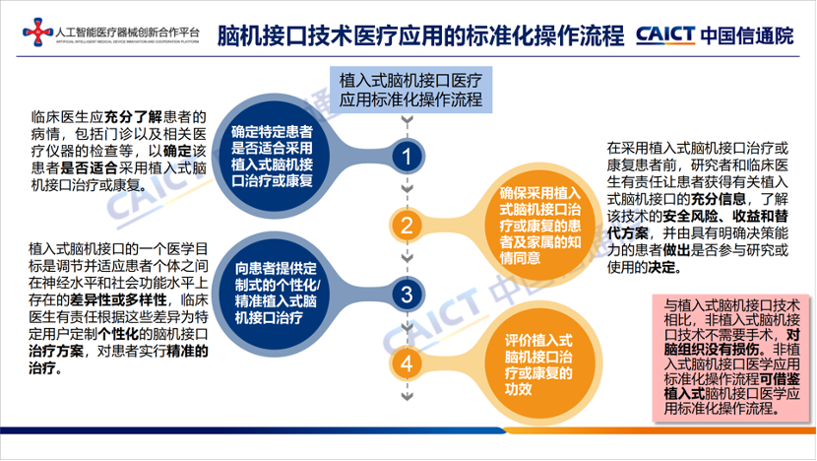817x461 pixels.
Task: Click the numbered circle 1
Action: pos(407,157)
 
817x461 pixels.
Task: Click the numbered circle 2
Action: pos(407,225)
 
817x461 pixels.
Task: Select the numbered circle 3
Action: pos(407,294)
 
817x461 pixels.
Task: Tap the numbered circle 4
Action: pos(407,362)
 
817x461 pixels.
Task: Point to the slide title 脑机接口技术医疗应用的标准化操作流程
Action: pos(420,36)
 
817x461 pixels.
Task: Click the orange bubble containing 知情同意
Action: pos(537,225)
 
